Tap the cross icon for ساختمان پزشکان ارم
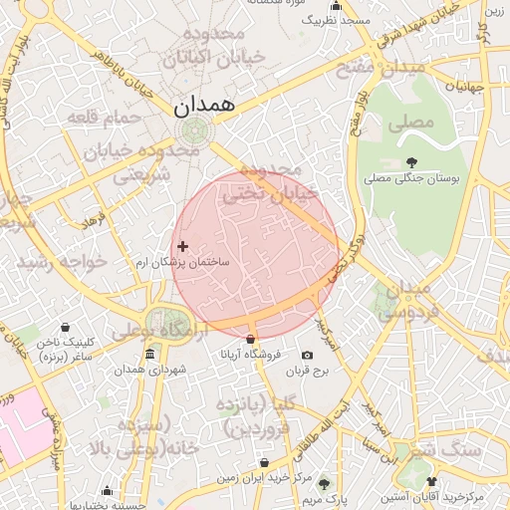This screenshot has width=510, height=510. [x=181, y=246]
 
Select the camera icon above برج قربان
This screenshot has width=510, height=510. [x=307, y=356]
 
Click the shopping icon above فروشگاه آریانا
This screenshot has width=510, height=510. [x=250, y=339]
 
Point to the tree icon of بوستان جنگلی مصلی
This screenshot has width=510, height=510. [x=411, y=162]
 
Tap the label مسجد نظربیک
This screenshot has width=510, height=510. [x=341, y=20]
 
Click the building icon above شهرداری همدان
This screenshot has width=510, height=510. [x=149, y=356]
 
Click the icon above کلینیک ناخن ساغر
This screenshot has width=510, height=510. [x=66, y=328]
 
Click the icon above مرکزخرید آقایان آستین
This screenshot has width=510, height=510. [x=431, y=481]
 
